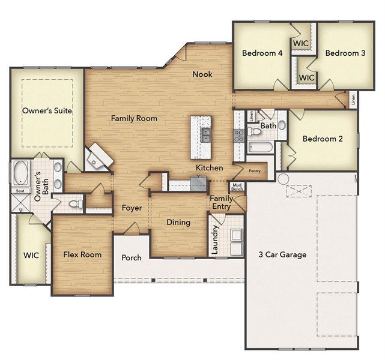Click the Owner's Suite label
(x=47, y=111)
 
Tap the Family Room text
(x=134, y=119)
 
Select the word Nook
(x=202, y=74)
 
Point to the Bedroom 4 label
(x=262, y=53)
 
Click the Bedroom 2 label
(x=323, y=139)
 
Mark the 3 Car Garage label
(x=282, y=254)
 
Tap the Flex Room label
(x=82, y=254)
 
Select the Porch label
(x=132, y=258)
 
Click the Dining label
(x=178, y=223)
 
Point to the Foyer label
(x=132, y=208)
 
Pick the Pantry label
(x=255, y=171)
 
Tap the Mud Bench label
(x=238, y=188)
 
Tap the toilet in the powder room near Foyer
(x=74, y=204)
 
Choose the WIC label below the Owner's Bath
(x=31, y=255)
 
